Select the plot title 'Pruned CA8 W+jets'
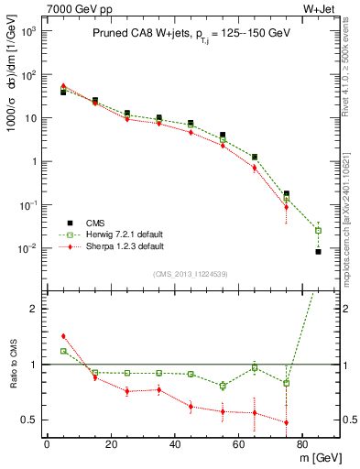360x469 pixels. click(x=142, y=33)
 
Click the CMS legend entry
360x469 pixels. click(x=93, y=223)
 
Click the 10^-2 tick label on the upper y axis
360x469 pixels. click(x=29, y=248)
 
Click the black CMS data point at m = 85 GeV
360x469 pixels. click(x=318, y=251)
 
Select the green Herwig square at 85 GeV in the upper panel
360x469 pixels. click(x=318, y=230)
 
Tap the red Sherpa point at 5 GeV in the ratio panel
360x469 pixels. click(x=63, y=336)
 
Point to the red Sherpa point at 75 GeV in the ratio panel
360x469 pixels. click(x=287, y=422)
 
